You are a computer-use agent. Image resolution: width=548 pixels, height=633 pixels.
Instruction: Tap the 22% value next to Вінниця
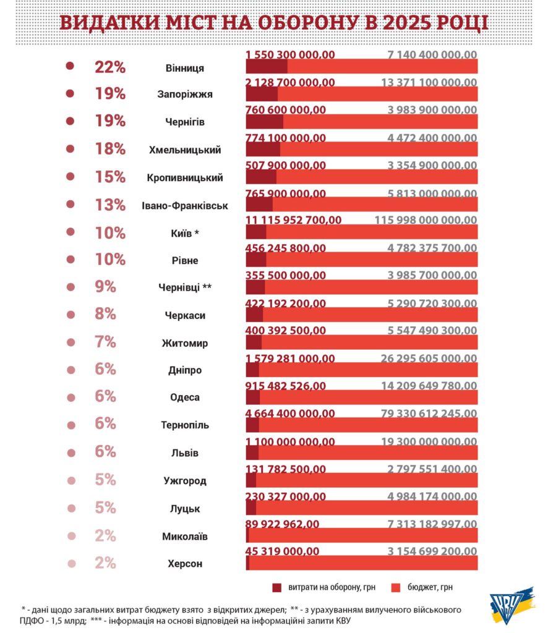click(x=110, y=67)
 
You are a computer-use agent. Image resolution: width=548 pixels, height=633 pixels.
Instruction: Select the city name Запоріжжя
click(x=185, y=95)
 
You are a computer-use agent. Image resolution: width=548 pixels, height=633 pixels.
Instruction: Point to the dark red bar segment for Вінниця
click(x=267, y=66)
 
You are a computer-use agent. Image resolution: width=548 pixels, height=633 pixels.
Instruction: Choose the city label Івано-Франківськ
click(x=185, y=205)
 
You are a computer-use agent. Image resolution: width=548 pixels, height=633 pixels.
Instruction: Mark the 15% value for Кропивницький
click(x=110, y=177)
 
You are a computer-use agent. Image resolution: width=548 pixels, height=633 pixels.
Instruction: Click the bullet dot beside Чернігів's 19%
click(x=70, y=121)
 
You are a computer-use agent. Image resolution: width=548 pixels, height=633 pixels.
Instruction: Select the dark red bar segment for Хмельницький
click(x=263, y=149)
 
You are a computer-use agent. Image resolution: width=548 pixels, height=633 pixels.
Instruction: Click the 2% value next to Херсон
click(x=106, y=563)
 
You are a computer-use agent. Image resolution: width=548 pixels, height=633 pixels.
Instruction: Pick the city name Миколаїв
click(x=185, y=537)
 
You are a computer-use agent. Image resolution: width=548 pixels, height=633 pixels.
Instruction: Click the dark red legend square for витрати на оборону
click(x=276, y=587)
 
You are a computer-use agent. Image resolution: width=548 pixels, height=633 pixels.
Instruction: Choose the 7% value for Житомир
click(x=106, y=342)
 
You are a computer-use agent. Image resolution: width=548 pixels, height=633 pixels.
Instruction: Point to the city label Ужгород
click(x=185, y=481)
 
